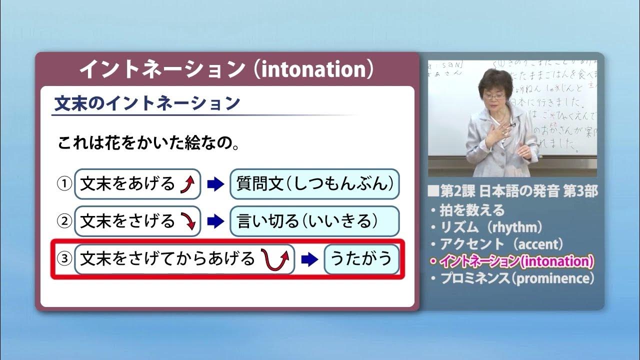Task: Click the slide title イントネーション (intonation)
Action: point(226,69)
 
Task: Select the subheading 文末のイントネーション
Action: point(147,103)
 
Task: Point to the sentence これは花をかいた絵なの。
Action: point(147,144)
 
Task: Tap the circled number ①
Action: point(64,184)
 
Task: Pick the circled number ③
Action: point(64,259)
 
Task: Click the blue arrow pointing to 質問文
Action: point(215,184)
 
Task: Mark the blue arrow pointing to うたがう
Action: point(309,259)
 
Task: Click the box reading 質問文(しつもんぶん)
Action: point(314,184)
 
